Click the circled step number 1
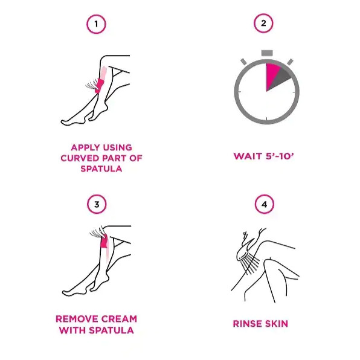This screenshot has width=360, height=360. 96,24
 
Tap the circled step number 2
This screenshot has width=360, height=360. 263,23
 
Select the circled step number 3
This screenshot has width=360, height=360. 97,204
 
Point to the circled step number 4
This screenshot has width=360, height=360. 265,204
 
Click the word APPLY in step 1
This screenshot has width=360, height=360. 85,147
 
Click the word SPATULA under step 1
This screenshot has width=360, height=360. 101,169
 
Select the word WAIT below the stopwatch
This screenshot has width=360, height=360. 248,156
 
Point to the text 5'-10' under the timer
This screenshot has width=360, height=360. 280,156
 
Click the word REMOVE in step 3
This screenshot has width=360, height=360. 77,319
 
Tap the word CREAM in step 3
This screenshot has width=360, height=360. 119,319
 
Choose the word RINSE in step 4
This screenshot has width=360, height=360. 247,324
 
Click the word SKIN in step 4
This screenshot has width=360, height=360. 277,324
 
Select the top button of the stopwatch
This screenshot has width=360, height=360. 267,53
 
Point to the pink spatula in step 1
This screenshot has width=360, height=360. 99,85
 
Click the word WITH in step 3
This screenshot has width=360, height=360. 72,330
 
